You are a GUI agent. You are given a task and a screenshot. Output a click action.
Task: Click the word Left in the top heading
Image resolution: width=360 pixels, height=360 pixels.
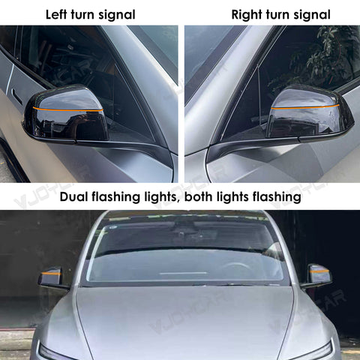57,14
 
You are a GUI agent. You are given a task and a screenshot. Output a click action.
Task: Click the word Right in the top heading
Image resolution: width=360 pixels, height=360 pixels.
247,14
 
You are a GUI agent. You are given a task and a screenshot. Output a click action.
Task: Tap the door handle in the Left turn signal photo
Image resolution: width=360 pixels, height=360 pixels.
16,96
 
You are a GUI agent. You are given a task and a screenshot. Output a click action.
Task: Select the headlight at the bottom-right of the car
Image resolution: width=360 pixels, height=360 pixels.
311,351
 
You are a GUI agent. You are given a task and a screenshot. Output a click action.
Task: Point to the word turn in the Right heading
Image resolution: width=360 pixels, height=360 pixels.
277,14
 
